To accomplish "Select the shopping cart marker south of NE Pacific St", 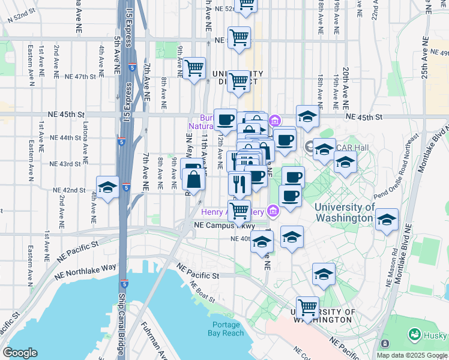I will tap(307, 307).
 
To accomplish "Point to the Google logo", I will tap(20, 353).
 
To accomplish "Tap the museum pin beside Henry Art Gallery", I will tap(273, 211).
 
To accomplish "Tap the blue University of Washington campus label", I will tap(345, 212).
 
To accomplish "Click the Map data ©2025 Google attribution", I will tap(412, 355).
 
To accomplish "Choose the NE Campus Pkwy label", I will tap(224, 226).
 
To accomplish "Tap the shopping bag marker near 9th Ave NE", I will tap(194, 179).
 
